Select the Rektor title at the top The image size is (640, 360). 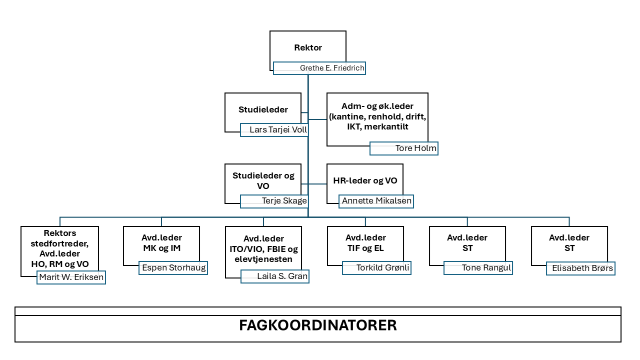[308, 48]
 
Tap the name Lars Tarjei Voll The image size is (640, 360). [278, 130]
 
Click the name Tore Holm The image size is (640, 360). [415, 148]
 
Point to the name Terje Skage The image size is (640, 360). [284, 201]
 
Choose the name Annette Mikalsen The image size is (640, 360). [376, 201]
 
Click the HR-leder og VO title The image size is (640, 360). [365, 181]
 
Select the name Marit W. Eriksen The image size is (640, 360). [71, 277]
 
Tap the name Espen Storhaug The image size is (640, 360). [173, 268]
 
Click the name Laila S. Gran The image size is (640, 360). [282, 276]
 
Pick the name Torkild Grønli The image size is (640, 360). [382, 268]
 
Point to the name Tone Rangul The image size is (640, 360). [486, 268]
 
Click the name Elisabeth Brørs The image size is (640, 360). [582, 268]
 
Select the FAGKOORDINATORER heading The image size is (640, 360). [318, 325]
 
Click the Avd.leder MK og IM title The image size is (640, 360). [162, 243]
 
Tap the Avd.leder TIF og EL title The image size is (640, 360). [365, 243]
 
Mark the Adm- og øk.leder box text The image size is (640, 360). [377, 116]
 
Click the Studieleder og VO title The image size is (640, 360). [263, 180]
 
